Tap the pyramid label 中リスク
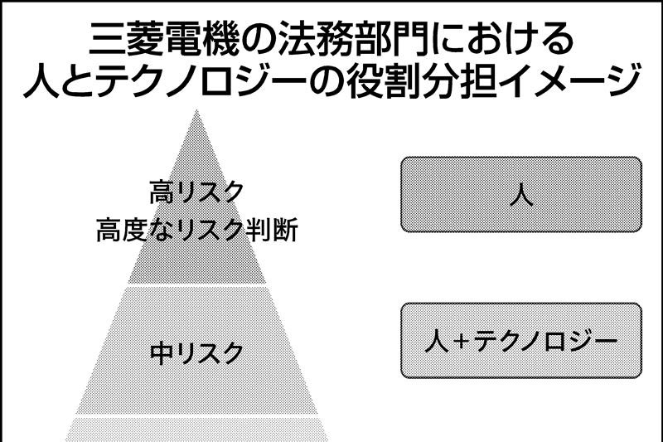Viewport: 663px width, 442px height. (x=196, y=353)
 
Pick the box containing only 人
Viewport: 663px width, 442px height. (x=520, y=194)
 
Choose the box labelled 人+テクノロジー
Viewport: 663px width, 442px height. (x=520, y=340)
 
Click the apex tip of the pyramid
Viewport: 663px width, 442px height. (x=196, y=111)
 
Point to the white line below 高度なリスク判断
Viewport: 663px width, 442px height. (x=196, y=284)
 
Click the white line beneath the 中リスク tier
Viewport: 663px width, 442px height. (x=196, y=414)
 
